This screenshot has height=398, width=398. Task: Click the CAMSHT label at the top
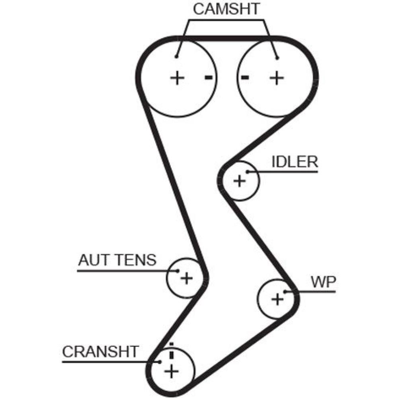(x=226, y=9)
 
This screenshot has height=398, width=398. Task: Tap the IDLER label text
(x=295, y=162)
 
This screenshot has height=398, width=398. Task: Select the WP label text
(x=323, y=281)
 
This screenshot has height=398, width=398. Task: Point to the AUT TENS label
(x=117, y=260)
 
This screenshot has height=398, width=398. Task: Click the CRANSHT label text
(x=100, y=351)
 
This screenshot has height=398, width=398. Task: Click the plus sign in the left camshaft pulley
(x=177, y=78)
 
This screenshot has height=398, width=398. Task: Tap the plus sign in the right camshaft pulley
(x=277, y=78)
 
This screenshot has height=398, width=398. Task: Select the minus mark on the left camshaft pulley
(x=209, y=77)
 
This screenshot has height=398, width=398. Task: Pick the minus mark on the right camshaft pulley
(x=245, y=77)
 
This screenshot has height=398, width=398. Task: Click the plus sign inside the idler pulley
(x=239, y=181)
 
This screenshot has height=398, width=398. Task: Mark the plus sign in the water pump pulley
(x=277, y=299)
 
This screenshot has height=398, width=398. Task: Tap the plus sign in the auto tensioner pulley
(x=187, y=278)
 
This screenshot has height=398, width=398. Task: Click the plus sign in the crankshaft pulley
(x=172, y=371)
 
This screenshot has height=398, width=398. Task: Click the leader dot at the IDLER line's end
(x=248, y=172)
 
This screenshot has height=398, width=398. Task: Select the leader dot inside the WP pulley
(x=285, y=292)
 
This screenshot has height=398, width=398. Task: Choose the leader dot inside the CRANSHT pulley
(x=160, y=362)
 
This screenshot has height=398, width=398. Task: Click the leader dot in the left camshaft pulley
(x=177, y=57)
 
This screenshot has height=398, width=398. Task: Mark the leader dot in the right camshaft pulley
(x=277, y=58)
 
